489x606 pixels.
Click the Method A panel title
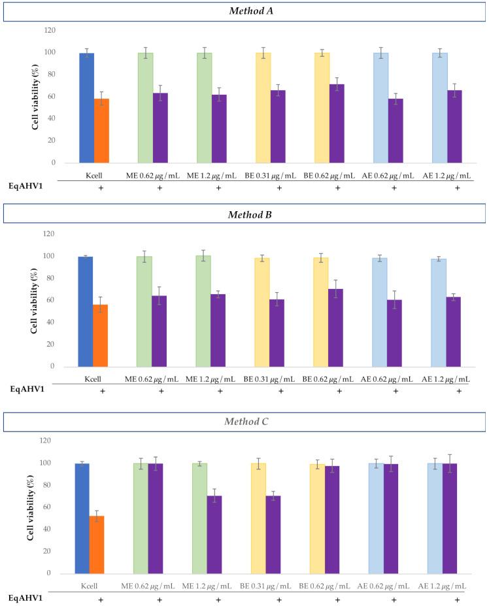[244, 10]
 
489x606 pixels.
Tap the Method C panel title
[244, 422]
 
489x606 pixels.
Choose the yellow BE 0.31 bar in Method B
[262, 312]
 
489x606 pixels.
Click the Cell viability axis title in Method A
[37, 96]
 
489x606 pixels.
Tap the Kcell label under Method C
[92, 586]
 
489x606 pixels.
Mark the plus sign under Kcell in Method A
[101, 188]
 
